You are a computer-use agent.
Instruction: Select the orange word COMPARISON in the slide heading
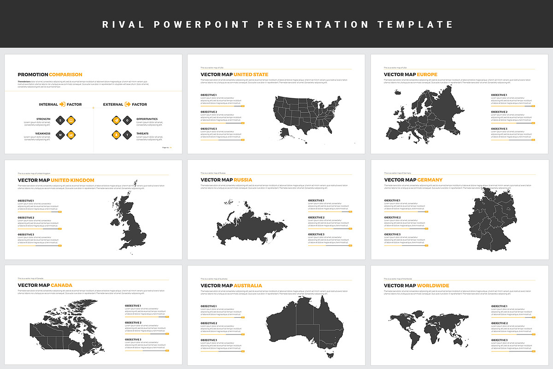pyautogui.click(x=65, y=74)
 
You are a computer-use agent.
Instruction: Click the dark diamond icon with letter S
pyautogui.click(x=59, y=120)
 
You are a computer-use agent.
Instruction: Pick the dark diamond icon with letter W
pyautogui.click(x=59, y=135)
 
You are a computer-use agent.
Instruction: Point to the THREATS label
pyautogui.click(x=142, y=134)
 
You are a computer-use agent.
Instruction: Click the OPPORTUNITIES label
pyautogui.click(x=147, y=119)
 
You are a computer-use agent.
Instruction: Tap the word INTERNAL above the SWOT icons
pyautogui.click(x=48, y=104)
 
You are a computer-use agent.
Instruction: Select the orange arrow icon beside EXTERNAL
pyautogui.click(x=128, y=104)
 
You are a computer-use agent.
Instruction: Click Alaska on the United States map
pyautogui.click(x=285, y=133)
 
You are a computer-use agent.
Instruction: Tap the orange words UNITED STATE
pyautogui.click(x=251, y=74)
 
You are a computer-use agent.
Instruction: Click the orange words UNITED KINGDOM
pyautogui.click(x=72, y=180)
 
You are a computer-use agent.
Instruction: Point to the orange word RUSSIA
pyautogui.click(x=243, y=180)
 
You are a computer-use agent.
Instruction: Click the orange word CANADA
pyautogui.click(x=61, y=285)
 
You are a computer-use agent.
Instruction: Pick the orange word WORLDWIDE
pyautogui.click(x=433, y=286)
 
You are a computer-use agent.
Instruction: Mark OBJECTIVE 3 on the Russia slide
pyautogui.click(x=316, y=234)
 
